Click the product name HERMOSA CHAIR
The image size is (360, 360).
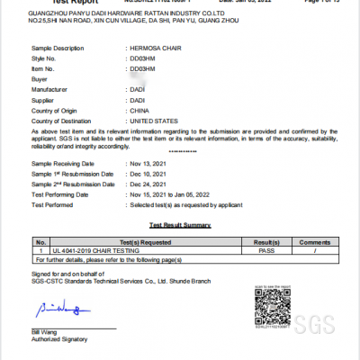155,47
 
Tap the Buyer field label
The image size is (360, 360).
41,79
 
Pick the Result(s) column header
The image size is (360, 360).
267,243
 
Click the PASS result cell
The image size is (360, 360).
267,251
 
